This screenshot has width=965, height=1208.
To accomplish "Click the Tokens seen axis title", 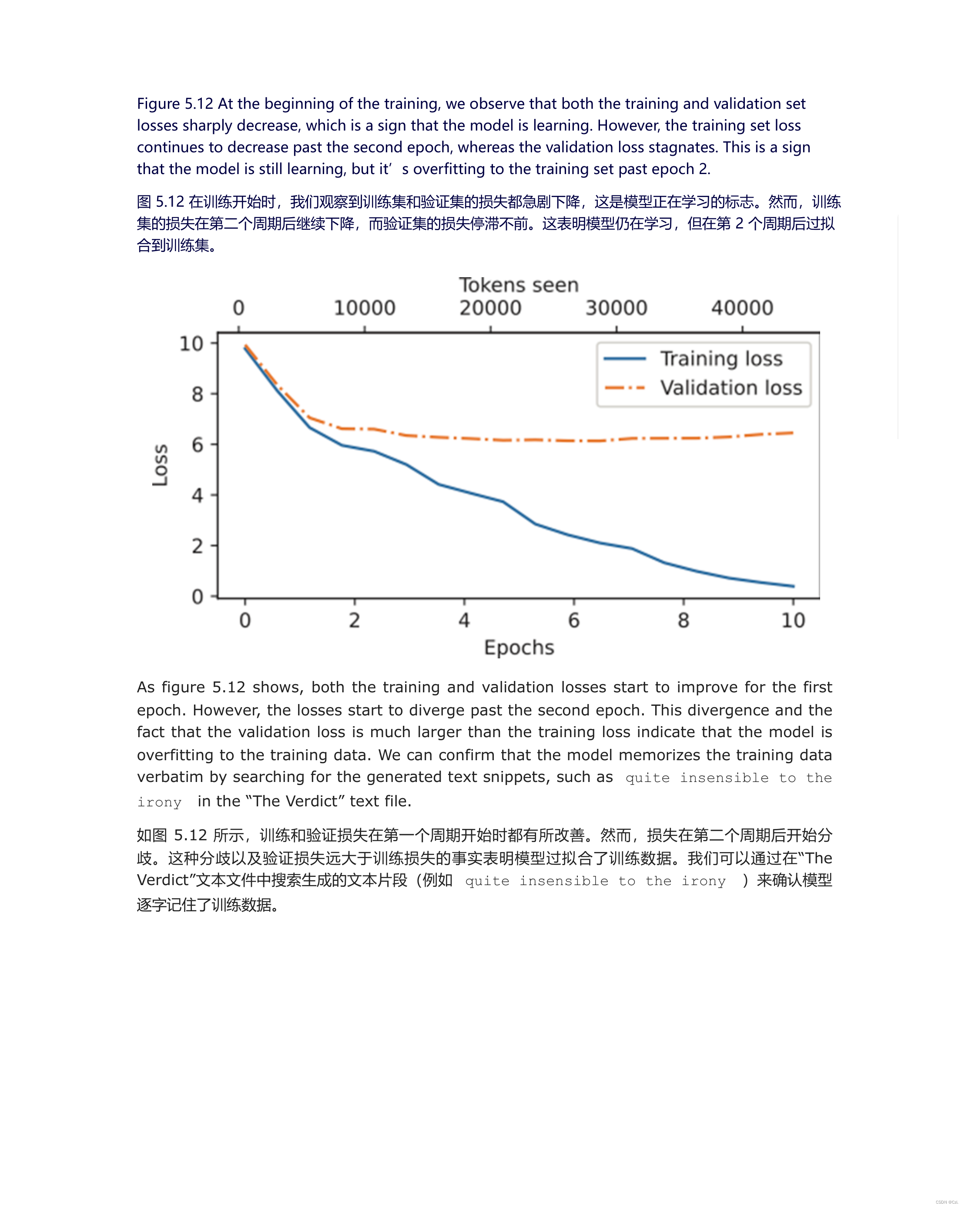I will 519,285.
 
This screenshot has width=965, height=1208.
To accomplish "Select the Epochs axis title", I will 519,647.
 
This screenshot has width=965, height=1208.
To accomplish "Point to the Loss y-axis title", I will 160,465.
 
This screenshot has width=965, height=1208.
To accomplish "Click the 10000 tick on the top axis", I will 365,308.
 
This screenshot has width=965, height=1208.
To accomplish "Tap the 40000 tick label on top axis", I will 742,308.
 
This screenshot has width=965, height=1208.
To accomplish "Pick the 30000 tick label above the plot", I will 616,308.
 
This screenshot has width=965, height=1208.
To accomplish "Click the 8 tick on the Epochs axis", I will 683,620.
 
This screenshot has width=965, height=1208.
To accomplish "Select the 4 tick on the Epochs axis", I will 464,620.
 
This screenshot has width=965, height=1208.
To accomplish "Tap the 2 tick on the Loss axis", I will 197,546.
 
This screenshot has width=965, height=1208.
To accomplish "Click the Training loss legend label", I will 721,359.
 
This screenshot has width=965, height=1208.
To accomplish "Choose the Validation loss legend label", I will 731,388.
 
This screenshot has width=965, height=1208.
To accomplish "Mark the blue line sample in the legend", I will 625,359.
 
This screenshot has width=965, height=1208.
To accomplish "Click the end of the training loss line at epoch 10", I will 793,586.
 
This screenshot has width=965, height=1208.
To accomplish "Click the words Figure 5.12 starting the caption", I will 175,104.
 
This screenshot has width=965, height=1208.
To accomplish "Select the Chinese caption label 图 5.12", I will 160,202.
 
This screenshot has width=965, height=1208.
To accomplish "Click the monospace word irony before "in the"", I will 160,802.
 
